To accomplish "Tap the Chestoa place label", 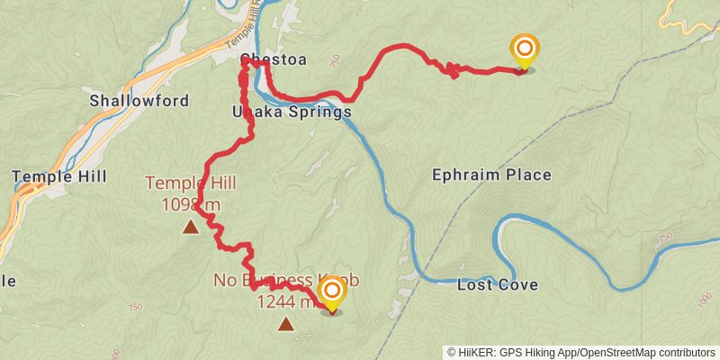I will coord(273,60).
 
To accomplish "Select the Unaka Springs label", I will coord(292,112).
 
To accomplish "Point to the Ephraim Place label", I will coord(491,175).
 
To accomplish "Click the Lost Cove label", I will coord(498,285).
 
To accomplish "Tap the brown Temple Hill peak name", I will coord(191,184).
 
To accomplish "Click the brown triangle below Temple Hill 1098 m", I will coord(191,227).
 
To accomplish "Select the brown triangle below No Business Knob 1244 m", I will coord(285,324).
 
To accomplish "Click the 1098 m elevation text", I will coord(191,205).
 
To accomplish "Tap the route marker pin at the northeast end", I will coord(524,51).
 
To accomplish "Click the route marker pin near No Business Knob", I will coord(332,293).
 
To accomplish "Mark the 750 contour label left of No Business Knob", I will coord(135,307).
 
